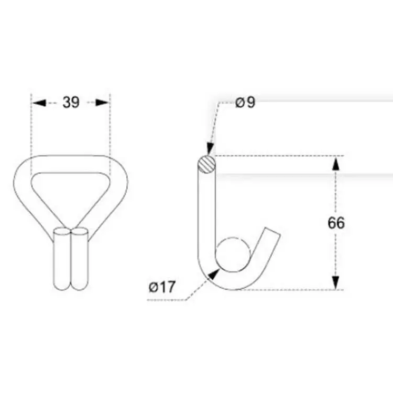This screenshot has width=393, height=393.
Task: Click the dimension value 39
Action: (71, 103)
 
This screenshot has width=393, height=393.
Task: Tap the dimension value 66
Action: (336, 223)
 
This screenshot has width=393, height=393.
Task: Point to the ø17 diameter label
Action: (162, 287)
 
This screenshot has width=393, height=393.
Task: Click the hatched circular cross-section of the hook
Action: (205, 163)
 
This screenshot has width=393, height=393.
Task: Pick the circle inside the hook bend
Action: (233, 254)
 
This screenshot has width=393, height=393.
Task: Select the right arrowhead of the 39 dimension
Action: (104, 103)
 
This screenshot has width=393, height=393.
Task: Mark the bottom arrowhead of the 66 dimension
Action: (336, 283)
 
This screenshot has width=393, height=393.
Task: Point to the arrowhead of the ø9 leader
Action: (210, 151)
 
